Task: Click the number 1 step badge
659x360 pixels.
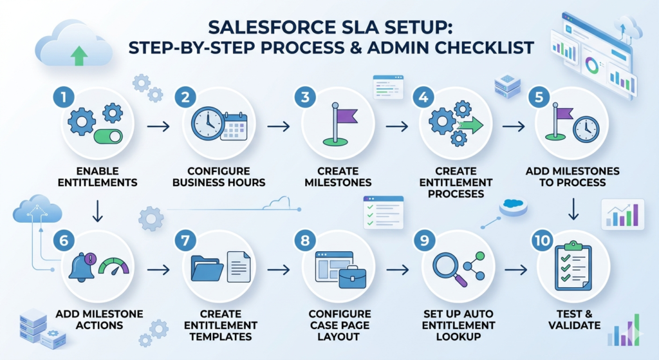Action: [x=63, y=98]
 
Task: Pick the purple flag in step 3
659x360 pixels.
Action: [x=346, y=116]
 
